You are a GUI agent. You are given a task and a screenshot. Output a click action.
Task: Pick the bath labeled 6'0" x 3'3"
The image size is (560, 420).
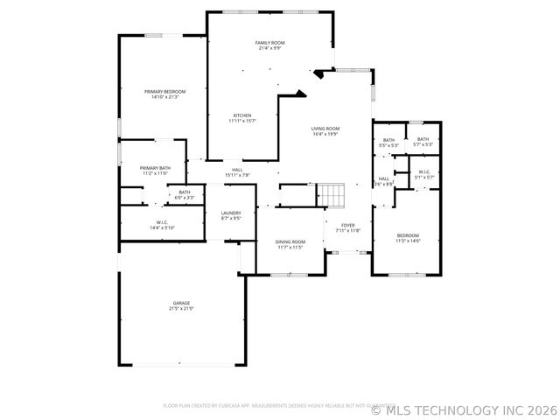pyautogui.click(x=184, y=194)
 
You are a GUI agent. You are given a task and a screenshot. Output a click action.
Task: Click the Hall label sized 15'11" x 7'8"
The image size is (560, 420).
pyautogui.click(x=237, y=172)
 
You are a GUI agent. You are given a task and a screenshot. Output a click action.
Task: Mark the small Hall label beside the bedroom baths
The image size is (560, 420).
pyautogui.click(x=383, y=180)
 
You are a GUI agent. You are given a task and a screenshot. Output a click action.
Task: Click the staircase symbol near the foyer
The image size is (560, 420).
pyautogui.click(x=331, y=194)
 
